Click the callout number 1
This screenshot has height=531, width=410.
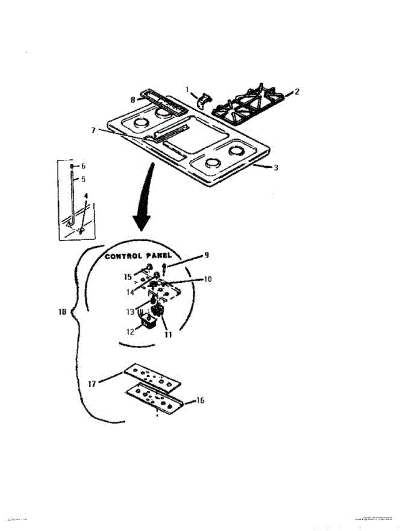point(188,89)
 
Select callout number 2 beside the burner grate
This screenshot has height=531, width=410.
point(297,92)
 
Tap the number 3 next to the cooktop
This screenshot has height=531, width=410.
point(276,168)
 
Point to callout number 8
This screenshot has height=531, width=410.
point(133,100)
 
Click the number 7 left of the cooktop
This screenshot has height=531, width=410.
point(94,130)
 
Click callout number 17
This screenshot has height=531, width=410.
point(92,385)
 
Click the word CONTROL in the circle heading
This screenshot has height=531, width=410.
point(123,257)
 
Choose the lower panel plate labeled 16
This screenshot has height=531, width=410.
point(155,400)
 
